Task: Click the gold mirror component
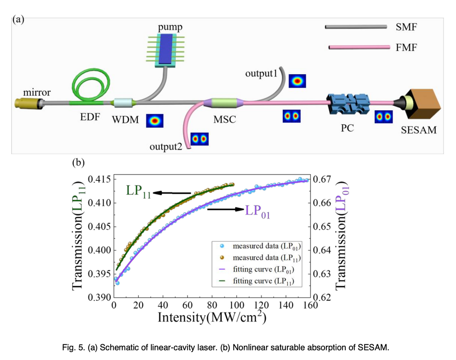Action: click(x=26, y=102)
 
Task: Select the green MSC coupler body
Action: click(x=224, y=102)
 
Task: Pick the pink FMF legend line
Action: click(x=359, y=48)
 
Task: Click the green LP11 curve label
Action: click(x=138, y=191)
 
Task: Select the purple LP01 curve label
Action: click(x=257, y=210)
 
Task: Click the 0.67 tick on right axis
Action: click(x=323, y=180)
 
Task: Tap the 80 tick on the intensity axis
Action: click(x=213, y=305)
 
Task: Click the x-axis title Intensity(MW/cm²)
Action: click(x=211, y=318)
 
